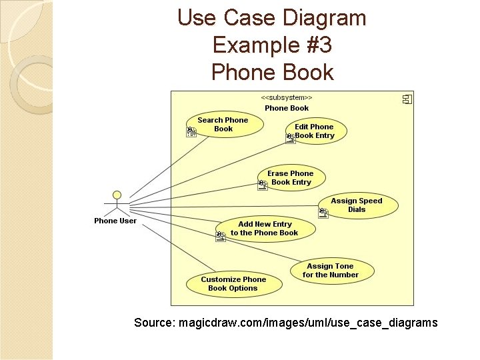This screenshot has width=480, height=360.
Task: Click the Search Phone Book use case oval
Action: coord(225,125)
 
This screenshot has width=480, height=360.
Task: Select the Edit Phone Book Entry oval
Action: coord(314,131)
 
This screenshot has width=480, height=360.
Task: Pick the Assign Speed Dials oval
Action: coord(357,205)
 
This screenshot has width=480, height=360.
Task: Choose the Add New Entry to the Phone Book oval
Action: coord(265,229)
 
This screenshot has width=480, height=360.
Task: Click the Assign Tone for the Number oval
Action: coord(331,270)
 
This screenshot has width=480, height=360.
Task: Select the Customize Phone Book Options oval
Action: coord(233,283)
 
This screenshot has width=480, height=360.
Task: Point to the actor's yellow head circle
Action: coord(117,195)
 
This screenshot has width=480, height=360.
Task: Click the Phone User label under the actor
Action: coord(115,221)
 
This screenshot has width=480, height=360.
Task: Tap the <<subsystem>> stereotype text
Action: coord(287,97)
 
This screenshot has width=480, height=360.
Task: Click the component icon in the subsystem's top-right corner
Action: coord(407,99)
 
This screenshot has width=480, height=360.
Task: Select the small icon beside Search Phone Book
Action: coord(191,131)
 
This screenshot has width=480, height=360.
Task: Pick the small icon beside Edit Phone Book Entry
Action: coord(290,139)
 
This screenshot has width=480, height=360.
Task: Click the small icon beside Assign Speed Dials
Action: coord(323,213)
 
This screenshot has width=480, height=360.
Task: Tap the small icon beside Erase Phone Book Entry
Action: coord(263,185)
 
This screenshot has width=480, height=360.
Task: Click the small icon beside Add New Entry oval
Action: coord(221,236)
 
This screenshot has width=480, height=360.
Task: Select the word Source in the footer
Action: coord(153,323)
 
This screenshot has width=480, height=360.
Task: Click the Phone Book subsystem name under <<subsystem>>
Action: coord(287,108)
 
